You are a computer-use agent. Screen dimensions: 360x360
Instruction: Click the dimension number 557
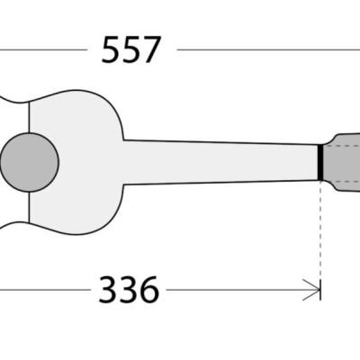click(x=131, y=50)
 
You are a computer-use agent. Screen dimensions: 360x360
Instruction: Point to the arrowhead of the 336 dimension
click(x=316, y=290)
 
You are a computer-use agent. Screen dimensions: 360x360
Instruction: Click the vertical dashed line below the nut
click(x=320, y=234)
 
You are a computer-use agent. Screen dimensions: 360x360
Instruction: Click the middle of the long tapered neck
click(x=220, y=160)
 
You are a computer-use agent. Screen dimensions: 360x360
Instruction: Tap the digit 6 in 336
click(x=148, y=290)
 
